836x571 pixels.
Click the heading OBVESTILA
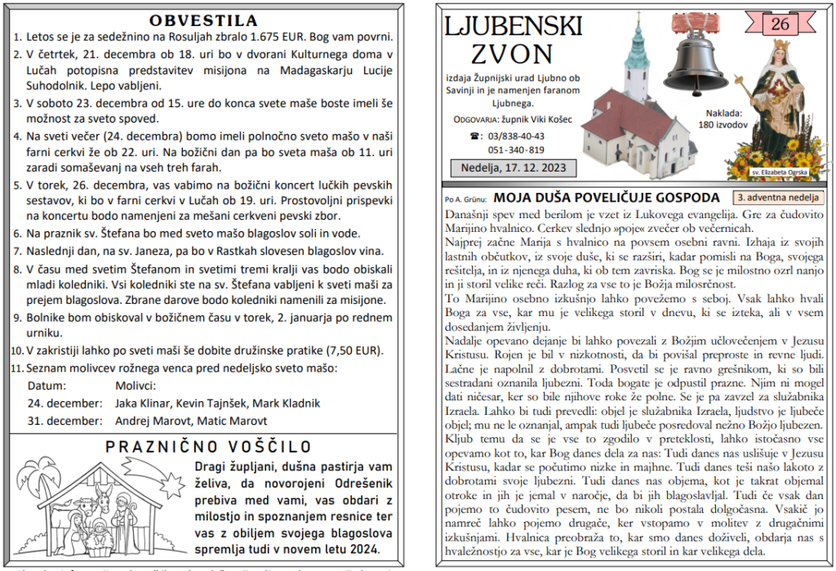(204, 20)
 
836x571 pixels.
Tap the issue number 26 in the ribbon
(780, 25)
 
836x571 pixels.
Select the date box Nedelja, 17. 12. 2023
(514, 168)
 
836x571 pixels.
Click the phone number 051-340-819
(516, 149)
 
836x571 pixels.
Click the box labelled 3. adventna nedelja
(778, 197)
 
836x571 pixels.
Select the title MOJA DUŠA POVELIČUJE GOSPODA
(607, 197)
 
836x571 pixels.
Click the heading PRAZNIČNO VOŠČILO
(209, 446)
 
